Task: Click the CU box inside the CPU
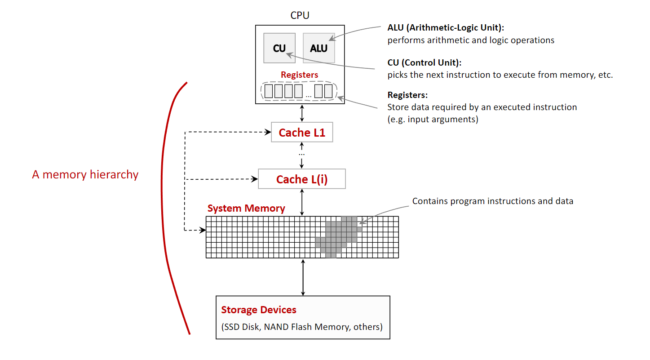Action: [x=279, y=48]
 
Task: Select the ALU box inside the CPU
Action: [x=319, y=48]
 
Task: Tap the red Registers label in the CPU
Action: [x=299, y=75]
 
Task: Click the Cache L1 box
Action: [x=302, y=133]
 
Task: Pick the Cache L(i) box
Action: [x=302, y=179]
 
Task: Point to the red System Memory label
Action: [x=246, y=209]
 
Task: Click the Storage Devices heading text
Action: [x=259, y=310]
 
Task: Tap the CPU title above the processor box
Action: [x=300, y=15]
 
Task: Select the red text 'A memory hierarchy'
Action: [x=85, y=174]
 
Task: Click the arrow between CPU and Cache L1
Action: [x=302, y=113]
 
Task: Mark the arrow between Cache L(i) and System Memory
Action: [x=302, y=202]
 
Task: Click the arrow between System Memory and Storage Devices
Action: [x=303, y=277]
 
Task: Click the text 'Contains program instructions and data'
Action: [x=493, y=201]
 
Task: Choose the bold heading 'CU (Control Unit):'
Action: [x=424, y=62]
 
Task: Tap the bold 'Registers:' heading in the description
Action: [x=408, y=95]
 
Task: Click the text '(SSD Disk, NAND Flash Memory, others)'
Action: [x=302, y=327]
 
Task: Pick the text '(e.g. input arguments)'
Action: [x=433, y=120]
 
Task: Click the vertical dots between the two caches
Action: [x=302, y=154]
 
